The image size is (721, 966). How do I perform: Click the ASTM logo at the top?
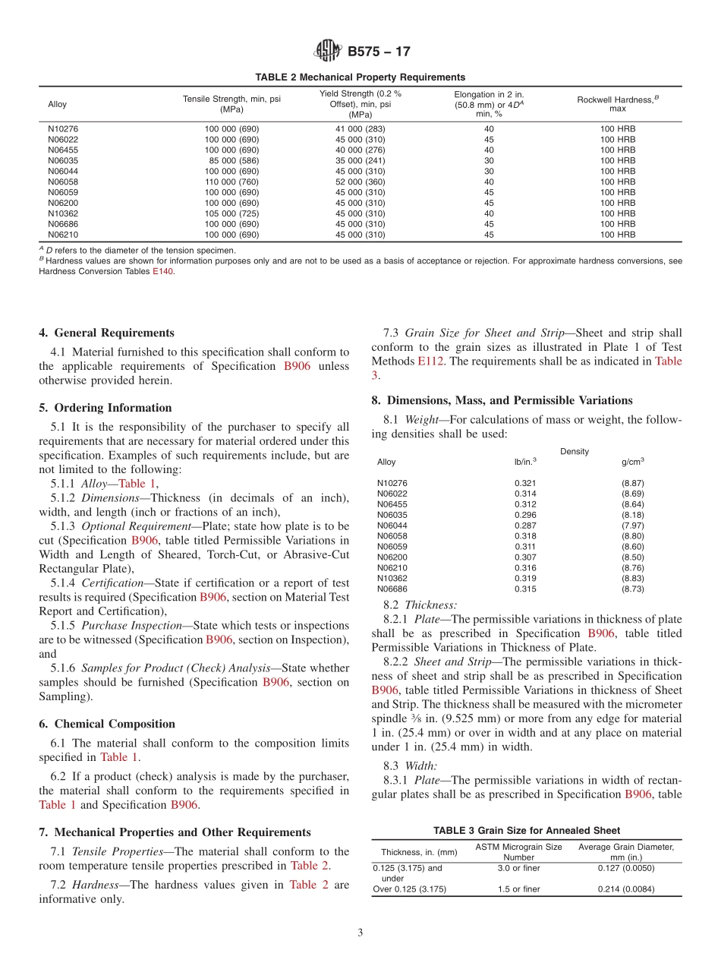pyautogui.click(x=329, y=52)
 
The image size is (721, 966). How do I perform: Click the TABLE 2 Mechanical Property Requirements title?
pyautogui.click(x=360, y=77)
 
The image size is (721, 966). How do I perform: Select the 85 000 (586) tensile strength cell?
pyautogui.click(x=231, y=161)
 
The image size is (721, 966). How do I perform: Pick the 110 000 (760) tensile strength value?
pyautogui.click(x=231, y=182)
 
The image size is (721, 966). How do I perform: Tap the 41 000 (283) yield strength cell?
pyautogui.click(x=360, y=129)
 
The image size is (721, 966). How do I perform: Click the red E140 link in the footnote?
pyautogui.click(x=163, y=271)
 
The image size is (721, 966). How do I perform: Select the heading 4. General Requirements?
pyautogui.click(x=106, y=333)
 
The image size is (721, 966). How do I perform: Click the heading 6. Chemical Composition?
pyautogui.click(x=107, y=724)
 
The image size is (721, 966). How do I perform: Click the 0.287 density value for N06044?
pyautogui.click(x=525, y=526)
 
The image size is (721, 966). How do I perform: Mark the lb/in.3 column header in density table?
pyautogui.click(x=525, y=462)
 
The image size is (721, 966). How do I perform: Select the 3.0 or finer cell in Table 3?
pyautogui.click(x=518, y=868)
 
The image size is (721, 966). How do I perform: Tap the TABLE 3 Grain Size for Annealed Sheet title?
pyautogui.click(x=527, y=830)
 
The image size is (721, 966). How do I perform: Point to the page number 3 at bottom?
pyautogui.click(x=360, y=933)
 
